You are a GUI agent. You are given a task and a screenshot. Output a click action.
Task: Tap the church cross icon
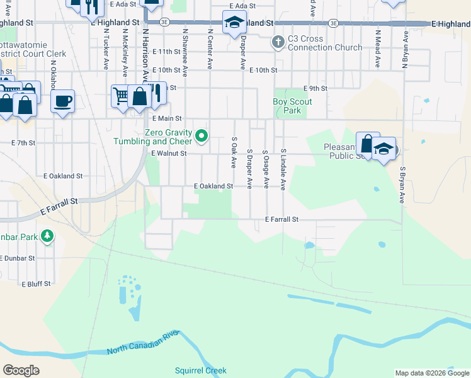click(x=278, y=43)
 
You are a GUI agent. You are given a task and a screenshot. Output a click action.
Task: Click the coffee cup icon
click(x=62, y=101)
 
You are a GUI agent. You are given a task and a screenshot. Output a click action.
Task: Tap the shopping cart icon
click(x=121, y=96)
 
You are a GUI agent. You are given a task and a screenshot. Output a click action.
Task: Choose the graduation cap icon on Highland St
click(x=234, y=21)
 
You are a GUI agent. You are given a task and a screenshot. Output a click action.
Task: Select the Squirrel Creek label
click(x=201, y=370)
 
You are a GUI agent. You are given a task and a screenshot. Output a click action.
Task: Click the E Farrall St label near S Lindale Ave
click(x=281, y=219)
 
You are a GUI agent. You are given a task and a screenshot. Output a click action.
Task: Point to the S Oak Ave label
click(x=234, y=152)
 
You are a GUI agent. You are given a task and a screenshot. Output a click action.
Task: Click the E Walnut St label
click(x=169, y=153)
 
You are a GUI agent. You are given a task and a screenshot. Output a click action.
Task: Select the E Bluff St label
click(x=36, y=284)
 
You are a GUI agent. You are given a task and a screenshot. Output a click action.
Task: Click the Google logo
click(x=21, y=370)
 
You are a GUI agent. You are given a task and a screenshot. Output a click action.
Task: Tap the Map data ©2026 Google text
click(x=431, y=373)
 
